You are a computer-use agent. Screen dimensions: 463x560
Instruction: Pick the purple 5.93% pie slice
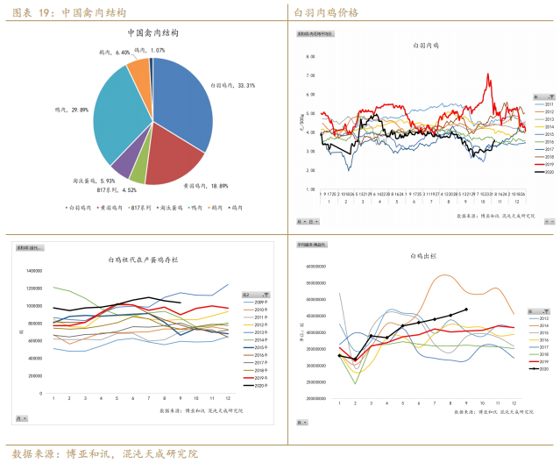point(124,159)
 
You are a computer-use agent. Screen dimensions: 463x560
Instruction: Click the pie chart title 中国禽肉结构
point(152,32)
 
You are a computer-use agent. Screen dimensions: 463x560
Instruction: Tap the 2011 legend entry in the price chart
point(548,104)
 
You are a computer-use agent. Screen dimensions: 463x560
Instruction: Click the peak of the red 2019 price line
point(487,75)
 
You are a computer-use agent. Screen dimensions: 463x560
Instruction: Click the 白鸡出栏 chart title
point(424,255)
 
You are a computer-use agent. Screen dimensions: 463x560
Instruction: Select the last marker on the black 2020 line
point(466,309)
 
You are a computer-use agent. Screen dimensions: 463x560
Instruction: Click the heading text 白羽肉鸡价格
point(326,11)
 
